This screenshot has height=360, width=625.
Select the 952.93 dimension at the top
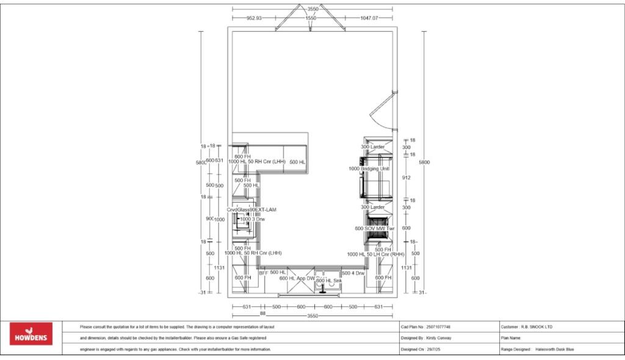point(254,18)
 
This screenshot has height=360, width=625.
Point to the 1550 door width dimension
point(311,18)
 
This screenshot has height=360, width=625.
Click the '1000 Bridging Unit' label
point(369,168)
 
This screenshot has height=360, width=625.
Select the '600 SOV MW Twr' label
point(375,228)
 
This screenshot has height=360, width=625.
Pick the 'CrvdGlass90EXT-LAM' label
point(251,209)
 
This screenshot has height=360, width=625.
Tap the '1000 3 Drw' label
point(252,218)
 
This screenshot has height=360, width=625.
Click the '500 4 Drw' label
point(353,273)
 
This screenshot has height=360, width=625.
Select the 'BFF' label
point(263,273)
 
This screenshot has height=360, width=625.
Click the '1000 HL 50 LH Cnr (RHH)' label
point(376,254)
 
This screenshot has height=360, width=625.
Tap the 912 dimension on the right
point(406,178)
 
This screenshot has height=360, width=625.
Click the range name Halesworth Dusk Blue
point(554,349)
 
